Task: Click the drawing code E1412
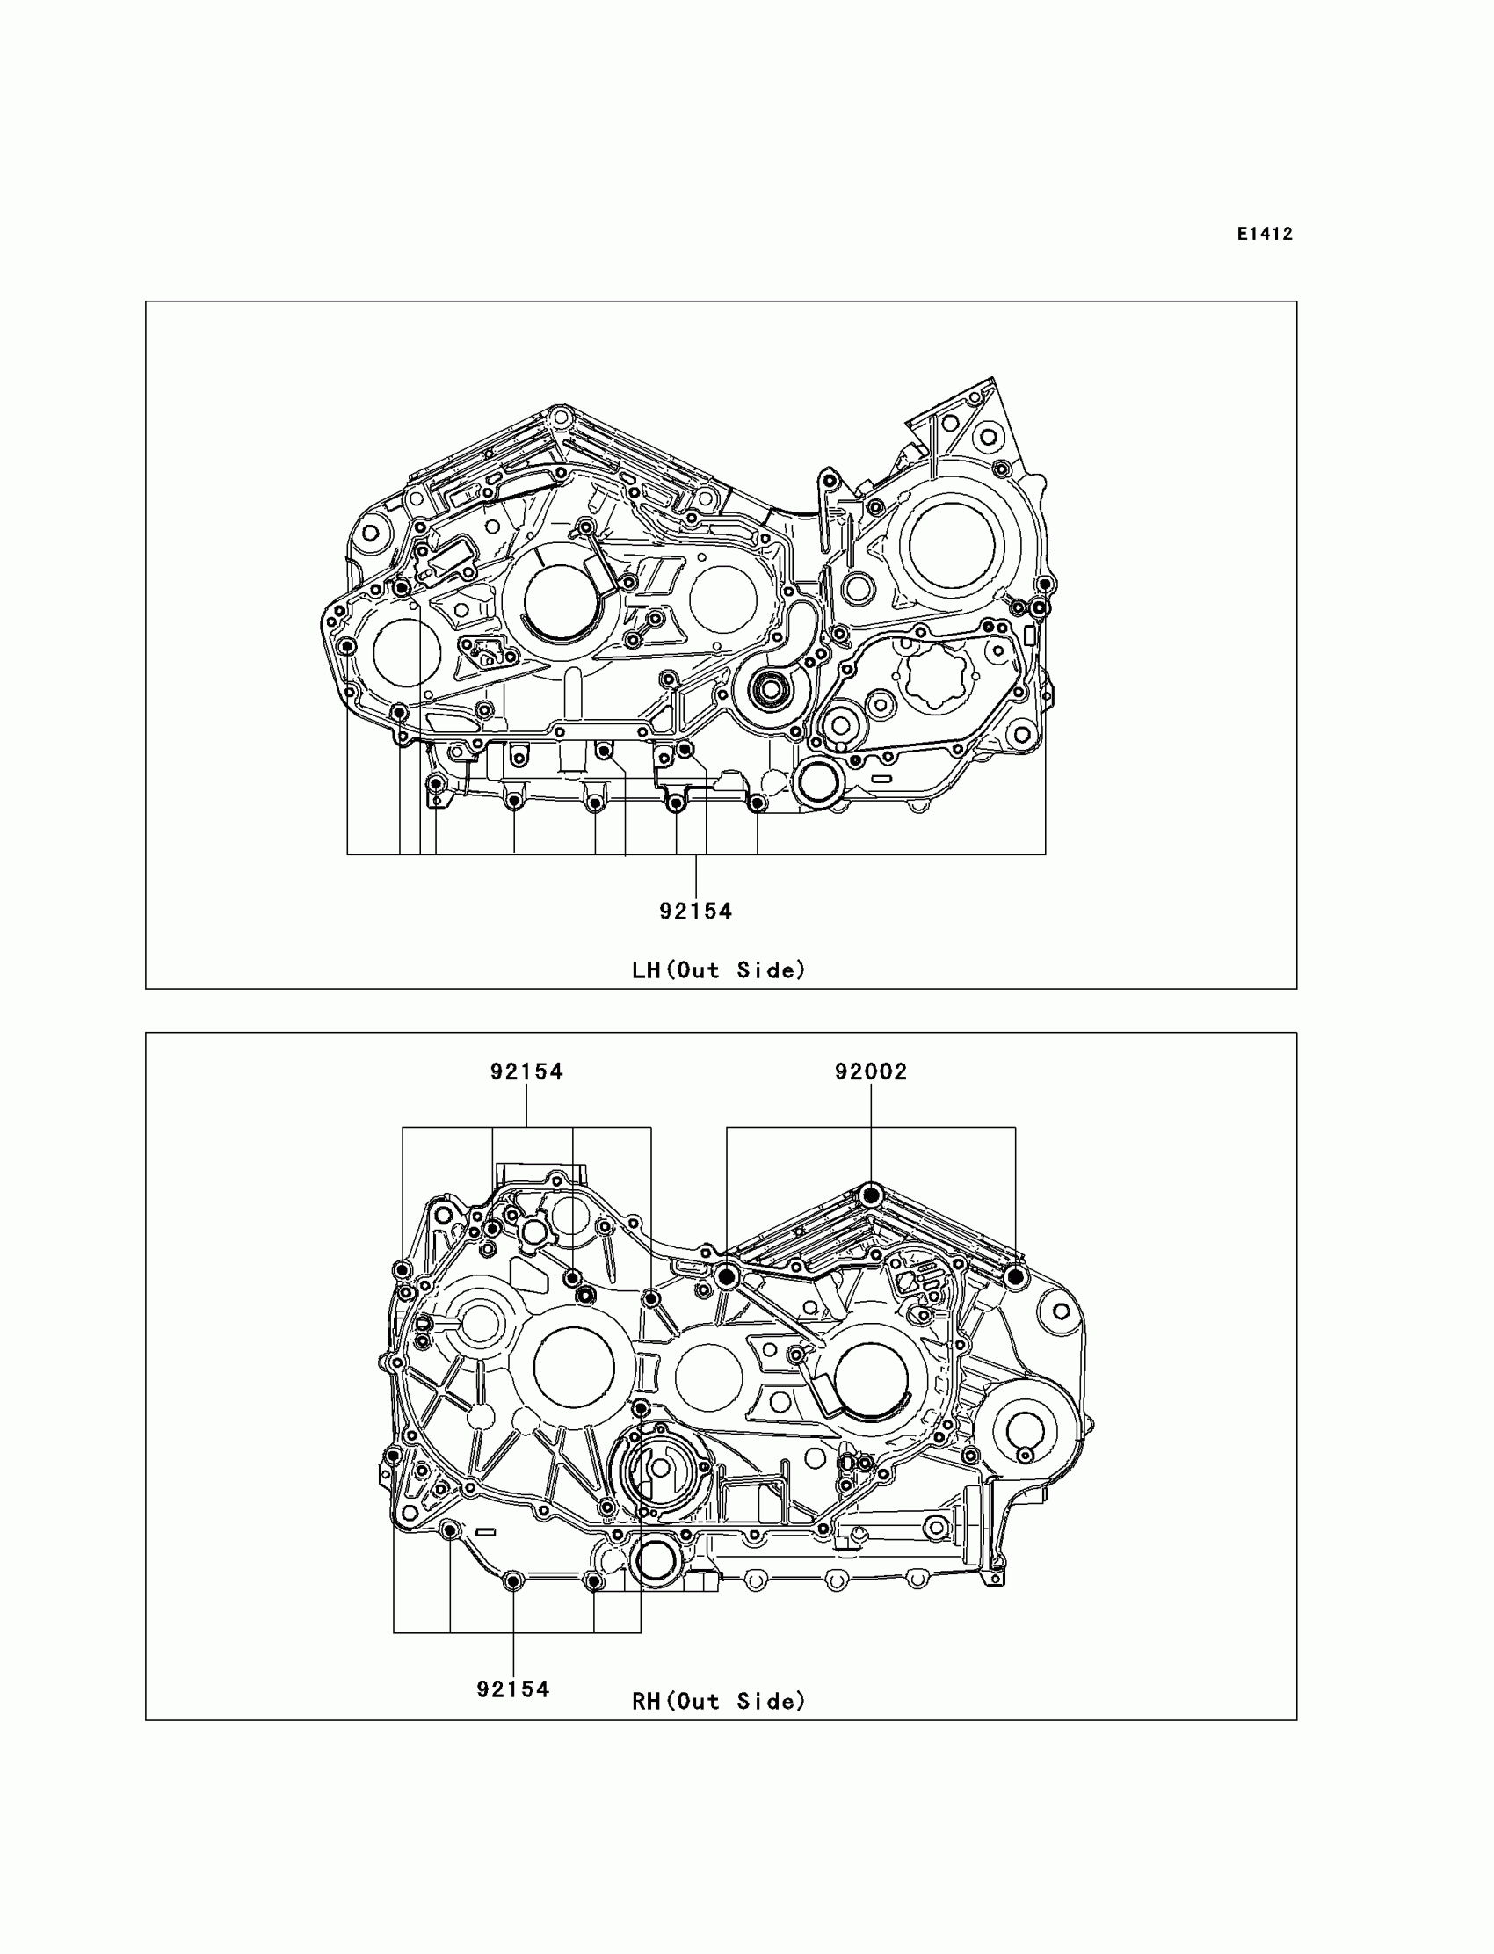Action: click(x=1265, y=234)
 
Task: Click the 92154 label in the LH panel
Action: click(x=695, y=911)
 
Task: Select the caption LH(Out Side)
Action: click(x=719, y=970)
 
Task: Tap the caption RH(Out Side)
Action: click(x=719, y=1701)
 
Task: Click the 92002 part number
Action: click(x=871, y=1071)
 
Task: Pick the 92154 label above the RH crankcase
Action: click(x=526, y=1071)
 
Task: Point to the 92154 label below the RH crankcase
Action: click(x=513, y=1689)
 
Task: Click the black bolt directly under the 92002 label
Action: click(x=871, y=1195)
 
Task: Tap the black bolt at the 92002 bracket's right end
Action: click(x=1015, y=1276)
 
